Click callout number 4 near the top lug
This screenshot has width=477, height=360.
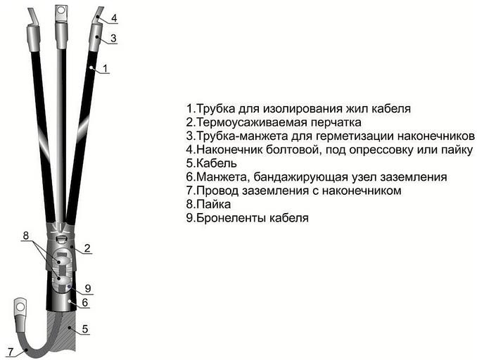click(115, 17)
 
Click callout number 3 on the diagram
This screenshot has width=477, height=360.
click(113, 37)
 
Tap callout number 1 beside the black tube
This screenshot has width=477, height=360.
click(105, 68)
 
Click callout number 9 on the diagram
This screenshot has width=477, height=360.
click(89, 288)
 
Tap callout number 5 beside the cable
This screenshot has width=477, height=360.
click(85, 328)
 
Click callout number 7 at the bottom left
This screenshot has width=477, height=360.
click(8, 351)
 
